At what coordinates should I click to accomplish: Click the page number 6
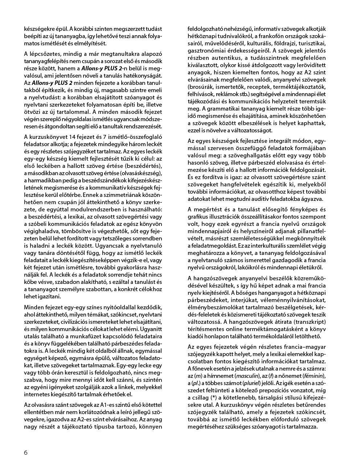coord(26,452)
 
